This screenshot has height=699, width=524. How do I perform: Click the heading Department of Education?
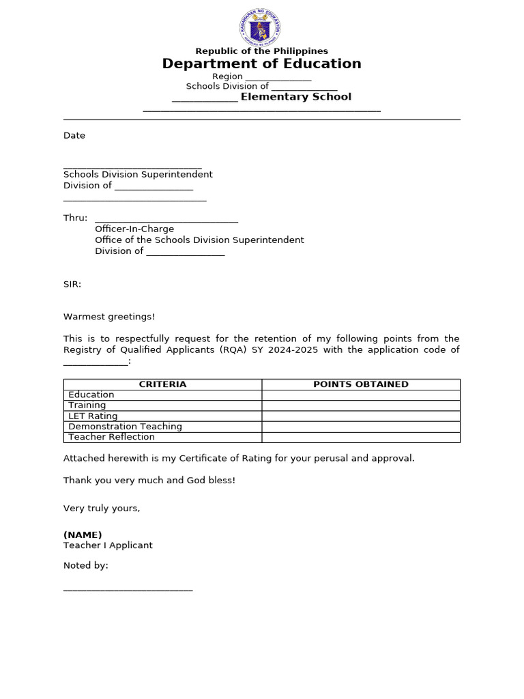(x=261, y=63)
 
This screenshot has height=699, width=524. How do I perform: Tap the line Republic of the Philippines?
(x=261, y=51)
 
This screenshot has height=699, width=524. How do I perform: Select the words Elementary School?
(x=295, y=97)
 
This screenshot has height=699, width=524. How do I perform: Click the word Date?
(x=74, y=135)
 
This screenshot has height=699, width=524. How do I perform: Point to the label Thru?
(x=75, y=218)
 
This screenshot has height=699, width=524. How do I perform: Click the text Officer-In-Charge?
(x=134, y=229)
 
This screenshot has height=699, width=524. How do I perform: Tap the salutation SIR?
(x=72, y=284)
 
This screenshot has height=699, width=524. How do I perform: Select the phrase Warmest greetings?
(x=109, y=317)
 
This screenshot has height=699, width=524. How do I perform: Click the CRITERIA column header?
(x=162, y=384)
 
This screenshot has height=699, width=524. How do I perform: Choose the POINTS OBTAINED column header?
(x=360, y=384)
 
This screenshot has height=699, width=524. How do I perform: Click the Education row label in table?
(x=91, y=395)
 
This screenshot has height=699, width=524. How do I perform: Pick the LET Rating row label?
(x=93, y=416)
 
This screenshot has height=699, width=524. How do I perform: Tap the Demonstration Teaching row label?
(x=125, y=426)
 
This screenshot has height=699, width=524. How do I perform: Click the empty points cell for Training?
(x=360, y=405)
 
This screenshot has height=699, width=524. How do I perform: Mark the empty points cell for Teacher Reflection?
(x=360, y=437)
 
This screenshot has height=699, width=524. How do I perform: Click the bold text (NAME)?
(x=83, y=534)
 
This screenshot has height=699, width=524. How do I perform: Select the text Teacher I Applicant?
(x=108, y=545)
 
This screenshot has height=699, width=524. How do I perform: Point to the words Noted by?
(x=86, y=565)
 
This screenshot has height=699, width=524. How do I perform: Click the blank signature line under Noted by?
(x=128, y=589)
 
